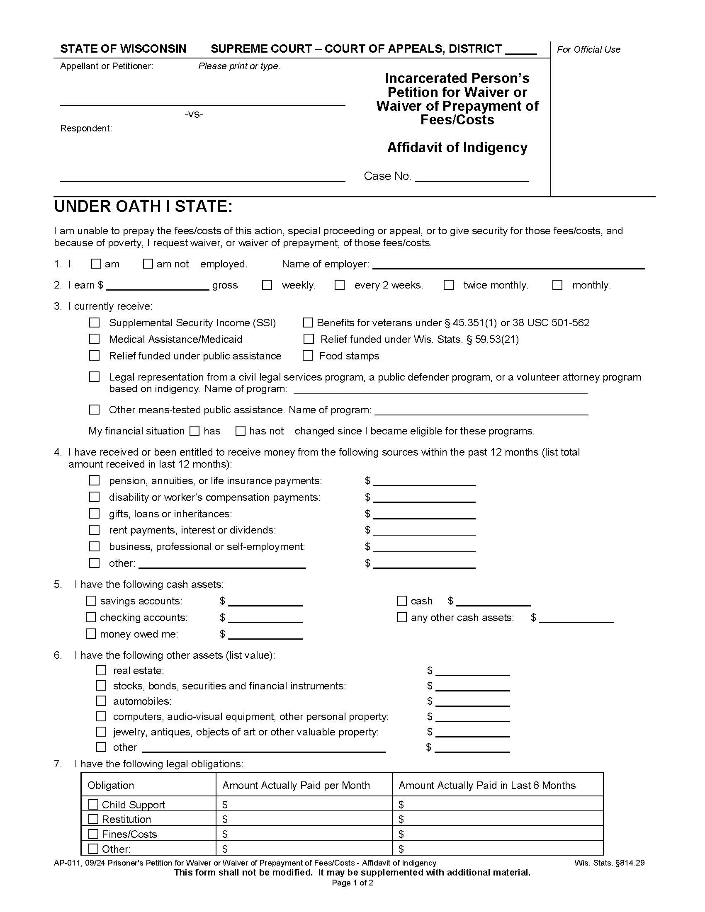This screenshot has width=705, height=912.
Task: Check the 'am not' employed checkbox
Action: tap(148, 264)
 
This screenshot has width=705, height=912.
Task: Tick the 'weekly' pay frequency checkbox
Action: tap(267, 285)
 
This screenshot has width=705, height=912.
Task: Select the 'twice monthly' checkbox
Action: tap(449, 285)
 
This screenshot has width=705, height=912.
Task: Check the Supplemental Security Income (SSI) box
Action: tap(95, 323)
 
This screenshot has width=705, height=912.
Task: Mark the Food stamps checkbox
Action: tap(308, 355)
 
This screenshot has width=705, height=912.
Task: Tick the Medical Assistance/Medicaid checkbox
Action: tap(95, 339)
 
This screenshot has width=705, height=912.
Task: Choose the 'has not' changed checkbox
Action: tap(241, 431)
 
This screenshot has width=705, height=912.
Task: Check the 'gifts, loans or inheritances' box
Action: tap(95, 513)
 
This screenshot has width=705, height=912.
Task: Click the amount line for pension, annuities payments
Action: tap(424, 482)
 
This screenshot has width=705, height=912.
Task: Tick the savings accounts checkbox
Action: tap(91, 601)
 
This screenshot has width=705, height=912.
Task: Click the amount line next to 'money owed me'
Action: tap(265, 635)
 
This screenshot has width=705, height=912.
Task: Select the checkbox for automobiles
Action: tap(101, 701)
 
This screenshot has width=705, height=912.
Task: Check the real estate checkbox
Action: tap(101, 670)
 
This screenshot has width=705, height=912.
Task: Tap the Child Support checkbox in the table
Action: tap(94, 804)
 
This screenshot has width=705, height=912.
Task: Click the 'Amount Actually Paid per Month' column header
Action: tap(296, 785)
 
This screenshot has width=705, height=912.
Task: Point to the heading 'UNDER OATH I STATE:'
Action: tap(143, 207)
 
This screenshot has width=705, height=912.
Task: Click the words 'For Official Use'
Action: tap(588, 49)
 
